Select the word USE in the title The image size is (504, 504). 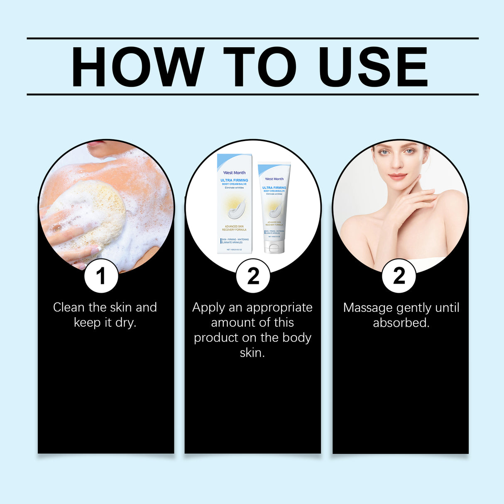click(373, 67)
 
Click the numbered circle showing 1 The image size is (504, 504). click(101, 276)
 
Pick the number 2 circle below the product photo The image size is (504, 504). click(253, 276)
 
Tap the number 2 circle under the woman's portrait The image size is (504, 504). click(399, 276)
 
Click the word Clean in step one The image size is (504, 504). click(69, 308)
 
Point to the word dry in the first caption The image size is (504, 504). click(125, 323)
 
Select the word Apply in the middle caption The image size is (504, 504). click(208, 308)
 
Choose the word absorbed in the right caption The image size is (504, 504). click(401, 323)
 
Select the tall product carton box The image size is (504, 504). click(235, 203)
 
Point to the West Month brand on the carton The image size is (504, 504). click(235, 173)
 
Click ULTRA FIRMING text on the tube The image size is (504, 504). click(274, 188)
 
